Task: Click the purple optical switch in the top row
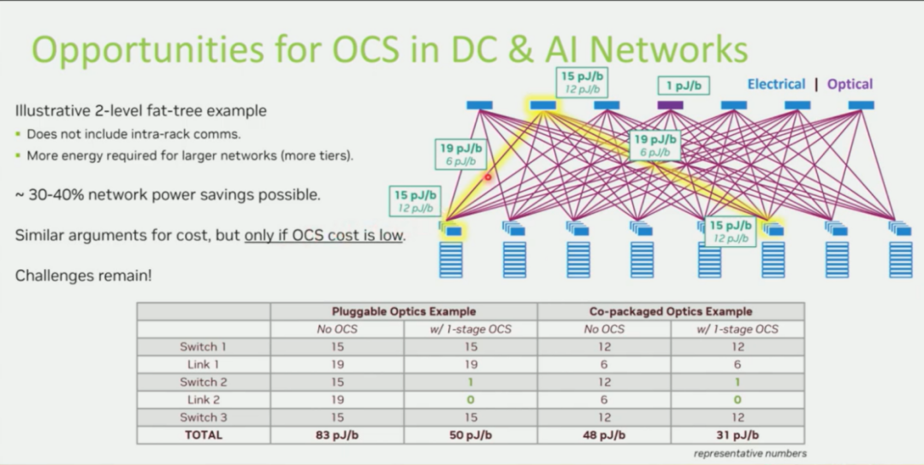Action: (670, 105)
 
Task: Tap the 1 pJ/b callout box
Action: (683, 85)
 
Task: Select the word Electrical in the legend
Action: (776, 84)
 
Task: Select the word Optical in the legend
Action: (850, 84)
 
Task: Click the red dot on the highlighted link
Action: (489, 178)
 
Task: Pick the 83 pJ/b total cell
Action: (337, 435)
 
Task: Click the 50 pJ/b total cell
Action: (471, 435)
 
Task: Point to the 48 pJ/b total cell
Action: (604, 435)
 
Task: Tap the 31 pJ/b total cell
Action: (737, 435)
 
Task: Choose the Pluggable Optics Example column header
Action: (404, 311)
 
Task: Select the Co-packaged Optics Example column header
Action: (671, 311)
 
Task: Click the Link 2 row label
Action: (204, 400)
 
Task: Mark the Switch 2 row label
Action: (204, 382)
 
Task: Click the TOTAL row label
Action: (204, 435)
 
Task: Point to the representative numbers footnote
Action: (749, 454)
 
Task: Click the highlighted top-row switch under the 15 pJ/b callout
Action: (542, 105)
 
